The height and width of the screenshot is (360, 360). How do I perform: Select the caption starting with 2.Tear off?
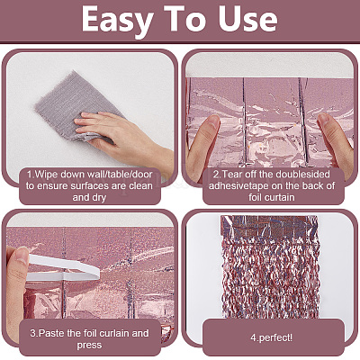pyautogui.click(x=269, y=185)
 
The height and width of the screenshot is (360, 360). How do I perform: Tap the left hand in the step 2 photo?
pyautogui.click(x=205, y=139)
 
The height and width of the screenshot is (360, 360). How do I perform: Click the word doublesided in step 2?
pyautogui.click(x=304, y=173)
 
